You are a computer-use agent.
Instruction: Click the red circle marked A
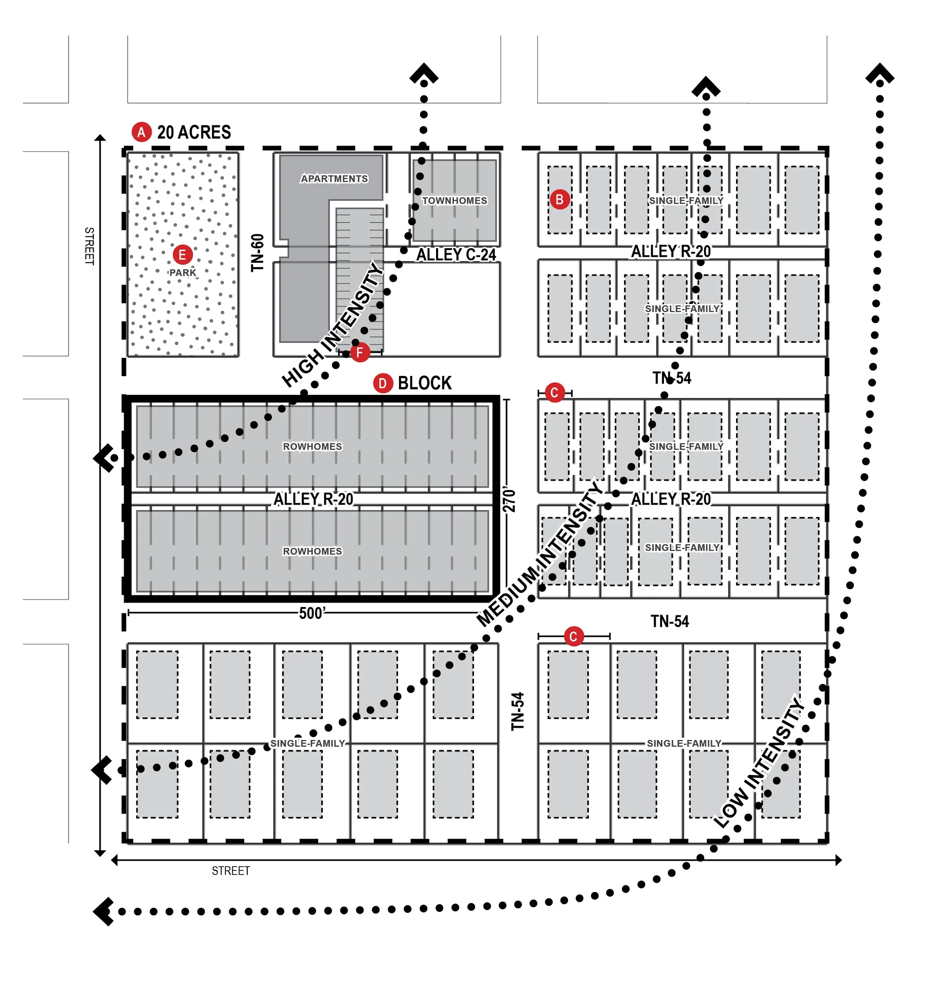point(141,132)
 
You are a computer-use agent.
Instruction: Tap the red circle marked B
point(559,199)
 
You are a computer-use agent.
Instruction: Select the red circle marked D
point(383,383)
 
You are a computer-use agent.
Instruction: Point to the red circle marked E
point(182,255)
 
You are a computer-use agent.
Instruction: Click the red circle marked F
point(360,352)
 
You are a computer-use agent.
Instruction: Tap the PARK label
point(182,273)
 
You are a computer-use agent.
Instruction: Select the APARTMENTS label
point(334,179)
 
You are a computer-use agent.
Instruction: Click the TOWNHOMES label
point(454,200)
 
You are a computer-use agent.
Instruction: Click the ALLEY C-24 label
point(456,255)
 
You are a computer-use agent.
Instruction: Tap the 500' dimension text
point(312,613)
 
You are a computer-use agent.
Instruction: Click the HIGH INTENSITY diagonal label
point(332,324)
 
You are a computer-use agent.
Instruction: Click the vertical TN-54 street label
point(518,711)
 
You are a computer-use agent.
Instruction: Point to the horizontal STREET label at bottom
point(231,871)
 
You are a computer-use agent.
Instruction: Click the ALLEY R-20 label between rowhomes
point(313,499)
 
